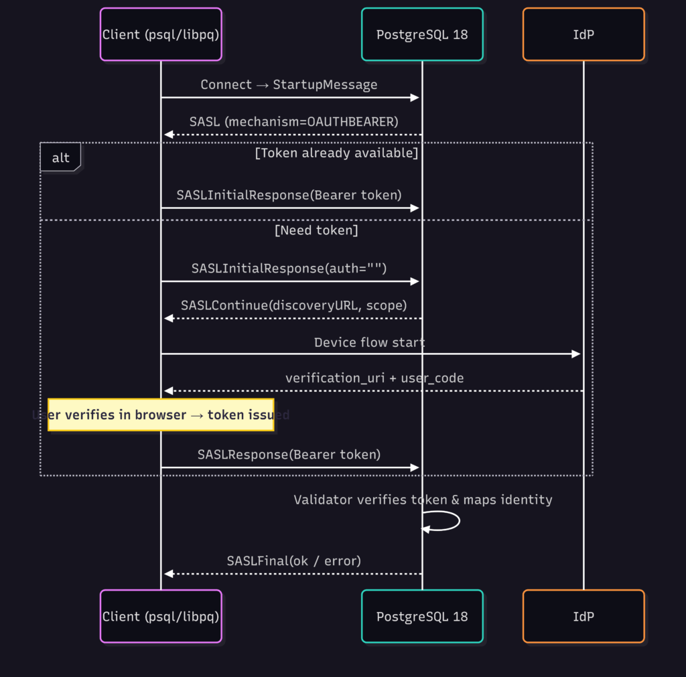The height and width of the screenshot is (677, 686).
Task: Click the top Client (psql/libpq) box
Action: [161, 34]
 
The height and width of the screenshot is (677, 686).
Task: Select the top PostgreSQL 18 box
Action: [422, 34]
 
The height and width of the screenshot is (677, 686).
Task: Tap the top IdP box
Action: [584, 34]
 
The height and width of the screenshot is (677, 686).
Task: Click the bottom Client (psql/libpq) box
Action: [161, 616]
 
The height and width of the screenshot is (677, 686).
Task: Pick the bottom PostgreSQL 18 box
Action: [422, 616]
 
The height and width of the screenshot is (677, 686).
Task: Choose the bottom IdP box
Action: [584, 616]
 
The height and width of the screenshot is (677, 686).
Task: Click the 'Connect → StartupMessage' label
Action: [289, 85]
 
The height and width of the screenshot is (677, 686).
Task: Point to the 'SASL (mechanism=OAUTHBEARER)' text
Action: [293, 122]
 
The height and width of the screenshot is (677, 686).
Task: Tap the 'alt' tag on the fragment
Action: [60, 158]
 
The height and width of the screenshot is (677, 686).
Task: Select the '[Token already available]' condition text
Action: [336, 153]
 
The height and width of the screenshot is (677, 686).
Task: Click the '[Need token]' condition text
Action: [316, 231]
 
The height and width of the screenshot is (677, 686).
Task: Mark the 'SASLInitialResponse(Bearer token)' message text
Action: [289, 195]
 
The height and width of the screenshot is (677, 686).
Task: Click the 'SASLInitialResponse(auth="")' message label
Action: [289, 268]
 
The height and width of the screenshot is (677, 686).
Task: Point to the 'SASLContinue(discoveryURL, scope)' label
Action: [293, 305]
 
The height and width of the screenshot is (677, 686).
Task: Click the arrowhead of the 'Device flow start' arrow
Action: [575, 354]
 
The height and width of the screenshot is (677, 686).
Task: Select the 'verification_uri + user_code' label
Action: [374, 378]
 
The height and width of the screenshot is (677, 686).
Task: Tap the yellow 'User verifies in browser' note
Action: [161, 415]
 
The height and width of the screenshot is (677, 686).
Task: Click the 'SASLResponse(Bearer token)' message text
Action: [289, 455]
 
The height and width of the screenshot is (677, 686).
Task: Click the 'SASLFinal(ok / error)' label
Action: [293, 560]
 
